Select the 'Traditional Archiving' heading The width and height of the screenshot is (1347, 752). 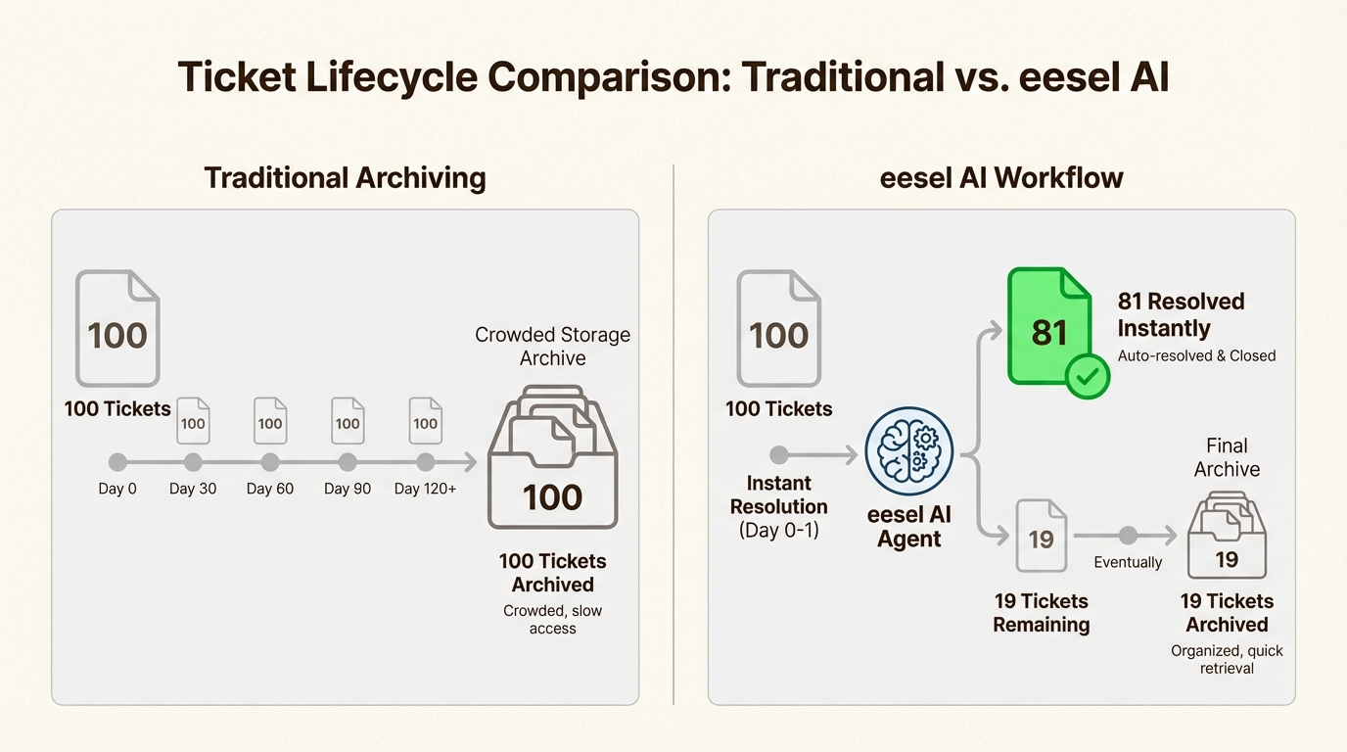tap(345, 178)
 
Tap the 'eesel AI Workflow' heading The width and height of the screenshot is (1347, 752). tap(1001, 178)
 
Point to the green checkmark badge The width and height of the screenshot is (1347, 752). tap(1087, 376)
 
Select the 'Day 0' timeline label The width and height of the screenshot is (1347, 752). tap(117, 489)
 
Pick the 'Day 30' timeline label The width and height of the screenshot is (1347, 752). tap(193, 489)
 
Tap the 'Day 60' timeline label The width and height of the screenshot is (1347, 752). tap(270, 489)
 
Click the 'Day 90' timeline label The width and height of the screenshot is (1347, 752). tap(348, 489)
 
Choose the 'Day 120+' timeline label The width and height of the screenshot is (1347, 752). tap(425, 489)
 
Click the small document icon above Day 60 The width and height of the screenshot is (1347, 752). tap(270, 422)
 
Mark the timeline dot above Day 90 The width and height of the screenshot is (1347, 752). tap(348, 462)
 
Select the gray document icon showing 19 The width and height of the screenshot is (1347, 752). tap(1041, 536)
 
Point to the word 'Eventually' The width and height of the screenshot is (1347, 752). tap(1128, 563)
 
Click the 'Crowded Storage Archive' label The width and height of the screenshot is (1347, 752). tap(552, 347)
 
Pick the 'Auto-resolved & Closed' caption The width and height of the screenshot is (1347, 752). tap(1196, 356)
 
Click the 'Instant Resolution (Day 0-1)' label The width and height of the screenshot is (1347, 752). tap(779, 506)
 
